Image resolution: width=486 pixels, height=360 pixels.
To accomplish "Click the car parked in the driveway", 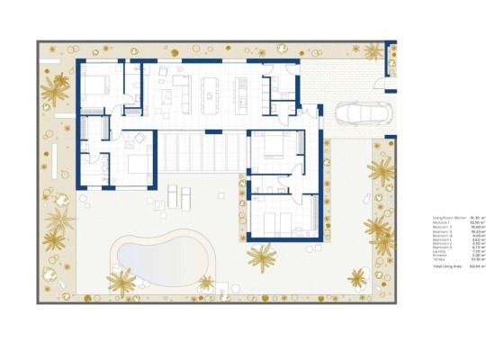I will point(359,114).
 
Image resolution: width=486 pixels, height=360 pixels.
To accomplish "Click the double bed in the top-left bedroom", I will point(98,85).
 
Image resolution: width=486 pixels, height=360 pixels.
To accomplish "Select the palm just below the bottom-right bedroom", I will point(263,258).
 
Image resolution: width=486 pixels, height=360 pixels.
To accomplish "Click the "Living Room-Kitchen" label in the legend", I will point(447,219).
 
